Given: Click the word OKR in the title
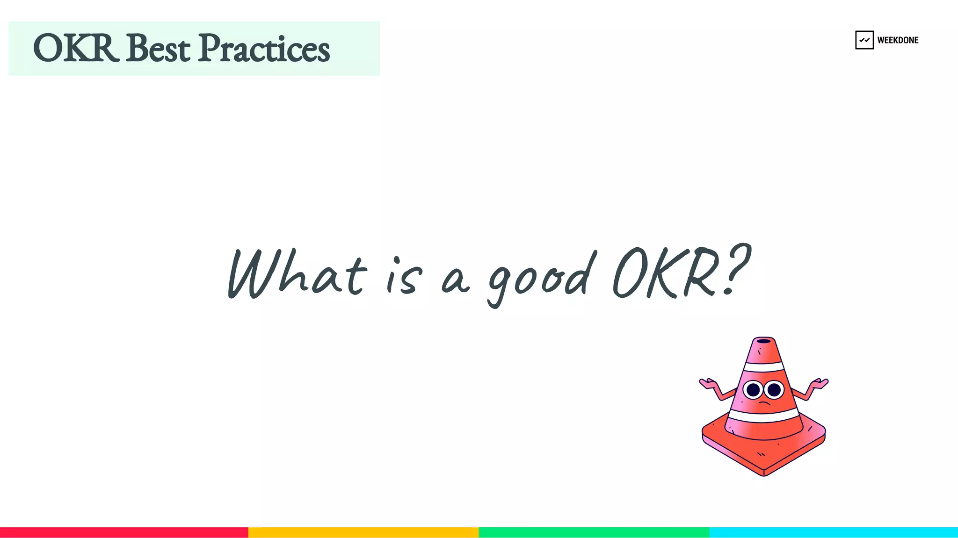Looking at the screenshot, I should tap(75, 48).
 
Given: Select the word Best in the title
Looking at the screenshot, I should tap(158, 48).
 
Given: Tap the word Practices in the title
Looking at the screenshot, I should tap(264, 48).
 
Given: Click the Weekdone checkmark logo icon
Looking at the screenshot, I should tap(864, 40).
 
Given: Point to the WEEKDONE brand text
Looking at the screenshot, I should tap(898, 40).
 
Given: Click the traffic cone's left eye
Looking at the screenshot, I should tap(753, 389).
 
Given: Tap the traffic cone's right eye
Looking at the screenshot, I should tap(774, 389).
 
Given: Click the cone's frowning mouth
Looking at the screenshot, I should tap(764, 403).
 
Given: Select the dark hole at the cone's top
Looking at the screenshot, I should tap(764, 341).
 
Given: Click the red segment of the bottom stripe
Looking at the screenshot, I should tap(124, 532).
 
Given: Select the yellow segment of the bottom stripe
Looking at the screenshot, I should tap(363, 532).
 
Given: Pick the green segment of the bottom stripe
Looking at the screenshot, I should tap(594, 532).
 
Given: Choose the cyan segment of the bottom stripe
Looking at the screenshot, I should tap(834, 532).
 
